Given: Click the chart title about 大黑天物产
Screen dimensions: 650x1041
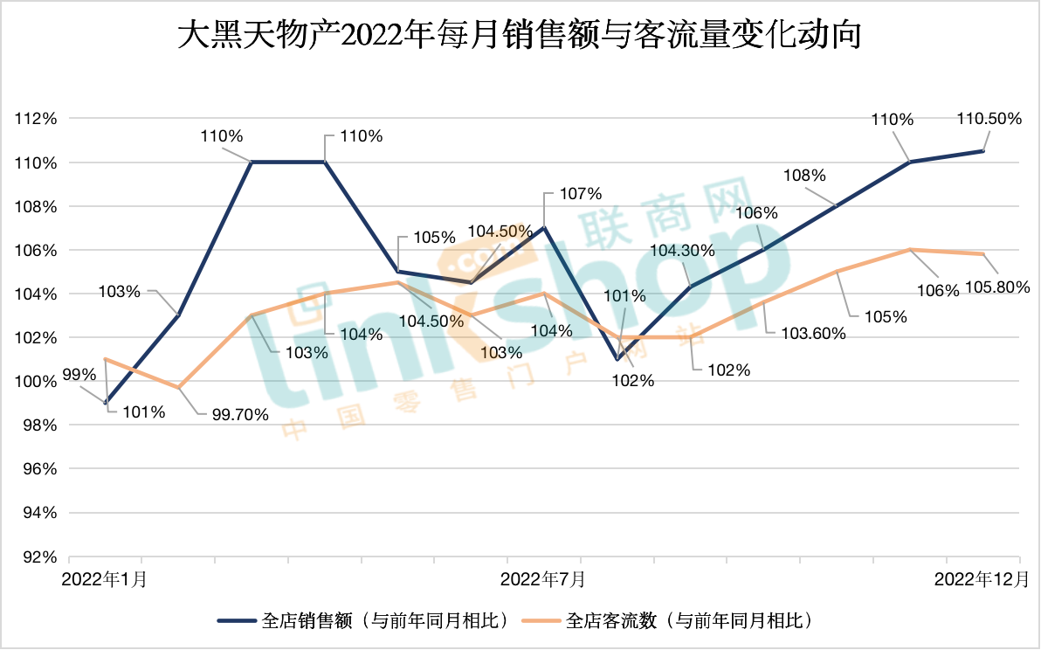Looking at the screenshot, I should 520,37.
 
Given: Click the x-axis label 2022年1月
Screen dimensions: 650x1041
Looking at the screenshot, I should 104,579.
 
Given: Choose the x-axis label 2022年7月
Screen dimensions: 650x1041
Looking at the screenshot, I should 543,579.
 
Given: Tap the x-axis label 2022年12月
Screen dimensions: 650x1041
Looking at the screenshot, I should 982,579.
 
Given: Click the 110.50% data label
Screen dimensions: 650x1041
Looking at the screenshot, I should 989,119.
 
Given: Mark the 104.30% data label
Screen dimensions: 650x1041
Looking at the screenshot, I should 683,251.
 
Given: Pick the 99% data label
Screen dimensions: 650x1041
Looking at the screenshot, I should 79,375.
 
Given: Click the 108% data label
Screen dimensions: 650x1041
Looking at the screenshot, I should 804,175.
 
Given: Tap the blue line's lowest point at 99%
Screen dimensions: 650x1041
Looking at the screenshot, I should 105,403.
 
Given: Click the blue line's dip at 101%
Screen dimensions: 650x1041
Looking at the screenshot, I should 617,359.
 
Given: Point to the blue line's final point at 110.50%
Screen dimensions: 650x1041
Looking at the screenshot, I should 983,151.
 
